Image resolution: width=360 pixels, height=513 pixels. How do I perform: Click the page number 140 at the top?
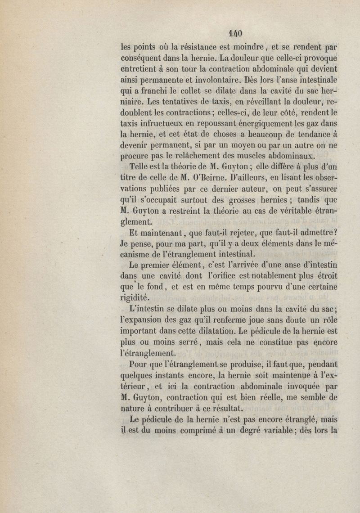[x=236, y=34]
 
